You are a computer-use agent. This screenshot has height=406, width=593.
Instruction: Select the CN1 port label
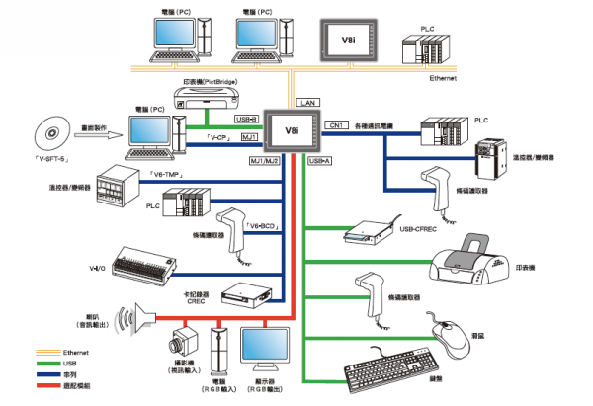pyautogui.click(x=337, y=126)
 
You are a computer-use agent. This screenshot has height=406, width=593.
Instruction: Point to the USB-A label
pyautogui.click(x=320, y=160)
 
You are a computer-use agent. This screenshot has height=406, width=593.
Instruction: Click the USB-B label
pyautogui.click(x=247, y=119)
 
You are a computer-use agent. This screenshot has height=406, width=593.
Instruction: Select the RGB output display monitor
pyautogui.click(x=277, y=345)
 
